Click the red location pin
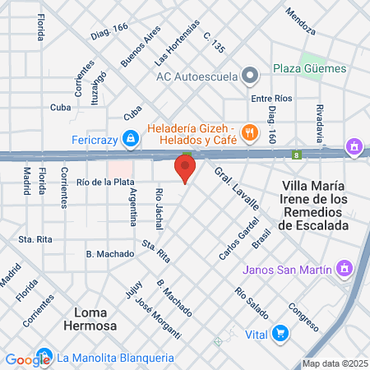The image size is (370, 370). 185,170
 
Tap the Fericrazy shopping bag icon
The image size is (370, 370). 130,139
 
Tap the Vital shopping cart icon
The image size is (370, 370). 281,334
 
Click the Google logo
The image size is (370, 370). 27,358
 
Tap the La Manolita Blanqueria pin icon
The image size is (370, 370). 45,358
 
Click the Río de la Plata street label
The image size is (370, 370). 105,182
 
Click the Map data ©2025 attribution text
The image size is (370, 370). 334,363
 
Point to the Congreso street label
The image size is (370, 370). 302,317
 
